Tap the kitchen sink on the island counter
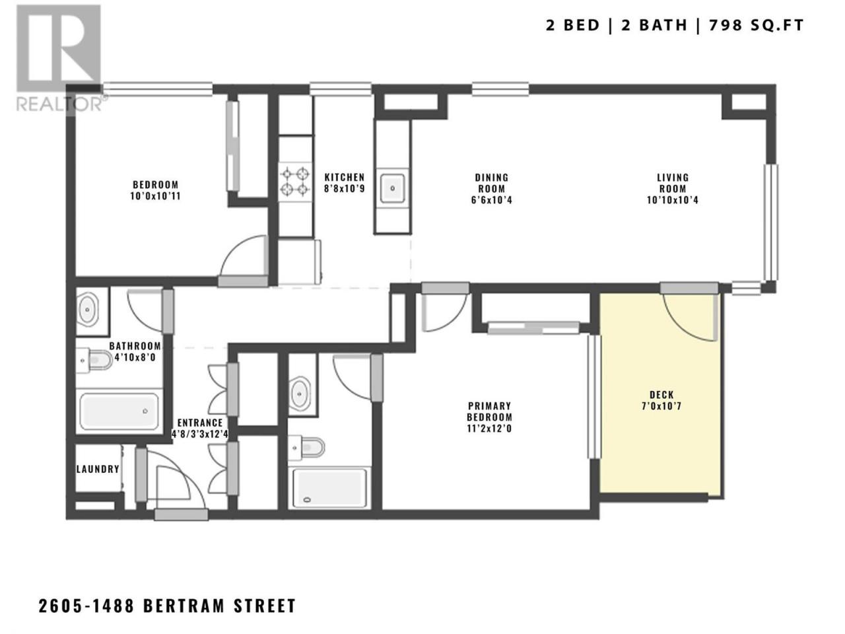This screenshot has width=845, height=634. (x=392, y=188)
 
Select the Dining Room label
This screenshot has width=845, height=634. (x=491, y=189)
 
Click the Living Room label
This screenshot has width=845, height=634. (x=672, y=189)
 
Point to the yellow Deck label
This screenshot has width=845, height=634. (x=661, y=400)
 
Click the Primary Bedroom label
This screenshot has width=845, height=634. (x=489, y=417)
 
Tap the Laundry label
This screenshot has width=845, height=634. (x=98, y=469)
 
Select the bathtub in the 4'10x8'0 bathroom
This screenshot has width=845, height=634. (x=119, y=411)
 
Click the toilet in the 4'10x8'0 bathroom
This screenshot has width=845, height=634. (x=94, y=361)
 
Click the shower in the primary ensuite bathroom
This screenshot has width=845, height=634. (x=329, y=487)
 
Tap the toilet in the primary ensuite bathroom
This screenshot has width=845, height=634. (x=307, y=447)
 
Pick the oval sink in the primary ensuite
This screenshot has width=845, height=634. (x=300, y=394)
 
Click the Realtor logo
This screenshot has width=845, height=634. (x=59, y=59)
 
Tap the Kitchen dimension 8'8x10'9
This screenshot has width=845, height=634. (x=344, y=189)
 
